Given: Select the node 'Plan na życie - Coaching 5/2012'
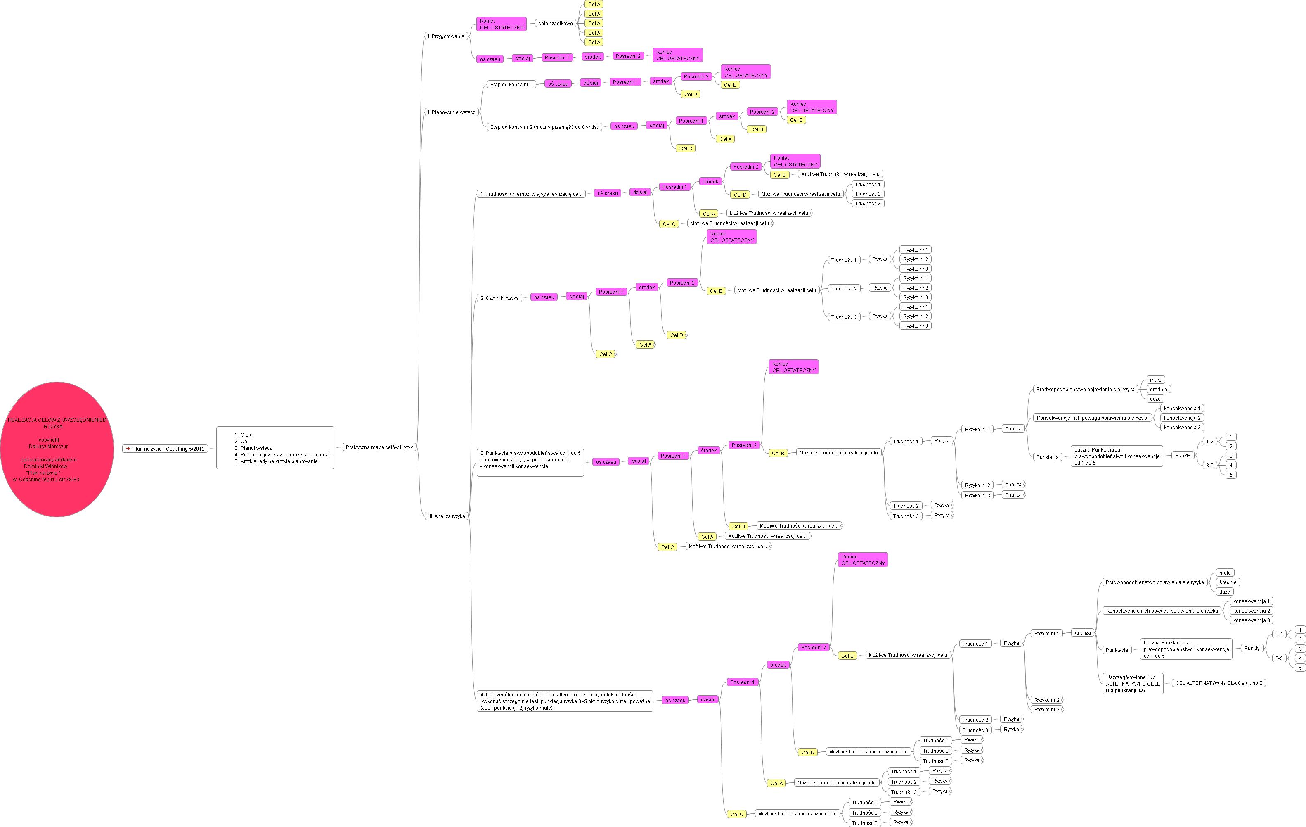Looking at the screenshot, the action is coord(166,449).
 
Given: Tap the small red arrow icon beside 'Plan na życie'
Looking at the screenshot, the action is coord(128,449).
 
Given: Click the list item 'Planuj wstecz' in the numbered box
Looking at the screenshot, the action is coord(256,448).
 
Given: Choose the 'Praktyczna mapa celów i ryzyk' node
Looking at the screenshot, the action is coord(379,447).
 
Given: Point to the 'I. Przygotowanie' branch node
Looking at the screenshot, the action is coord(446,36).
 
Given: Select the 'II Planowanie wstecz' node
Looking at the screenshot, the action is coord(451,112).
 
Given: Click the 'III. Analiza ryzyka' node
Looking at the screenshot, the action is coord(446,516).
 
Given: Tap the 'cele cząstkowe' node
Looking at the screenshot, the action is coord(555,23).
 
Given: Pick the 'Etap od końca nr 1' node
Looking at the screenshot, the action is coord(511,84).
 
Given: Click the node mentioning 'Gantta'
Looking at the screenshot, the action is coord(544,127).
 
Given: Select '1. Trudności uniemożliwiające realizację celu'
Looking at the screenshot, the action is coord(531,194).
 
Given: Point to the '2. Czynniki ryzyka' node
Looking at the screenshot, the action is coord(499,298).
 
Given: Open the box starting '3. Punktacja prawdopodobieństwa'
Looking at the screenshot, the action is coord(530,462).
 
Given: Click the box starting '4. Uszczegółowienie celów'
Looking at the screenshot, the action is coord(565,701).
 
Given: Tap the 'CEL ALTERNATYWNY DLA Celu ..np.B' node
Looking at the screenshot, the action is coord(1218,683).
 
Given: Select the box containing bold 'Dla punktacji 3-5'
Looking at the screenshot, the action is coord(1133,684).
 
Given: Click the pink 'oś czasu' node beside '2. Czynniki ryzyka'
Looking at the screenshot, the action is coord(544,297).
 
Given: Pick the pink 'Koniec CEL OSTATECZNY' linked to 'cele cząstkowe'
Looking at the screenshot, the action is coord(501,24).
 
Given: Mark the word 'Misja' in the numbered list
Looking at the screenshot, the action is coord(246,435).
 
